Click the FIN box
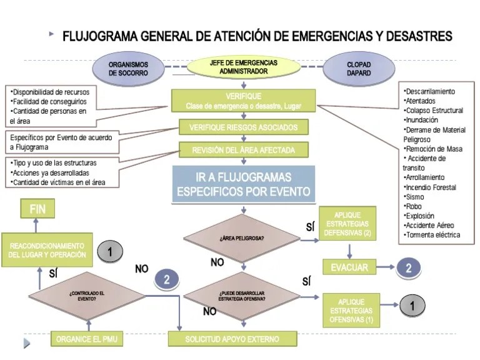pos(37,209)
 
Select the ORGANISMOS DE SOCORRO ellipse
pos(128,68)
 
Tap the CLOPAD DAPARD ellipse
pos(359,68)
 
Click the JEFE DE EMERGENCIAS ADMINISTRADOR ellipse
pos(243,67)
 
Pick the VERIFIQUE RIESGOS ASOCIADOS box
pos(242,127)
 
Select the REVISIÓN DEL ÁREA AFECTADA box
pos(242,150)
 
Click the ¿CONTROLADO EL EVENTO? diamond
pos(87,296)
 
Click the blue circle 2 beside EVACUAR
pos(408,268)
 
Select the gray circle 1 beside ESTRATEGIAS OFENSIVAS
pos(412,306)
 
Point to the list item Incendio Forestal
pos(431,187)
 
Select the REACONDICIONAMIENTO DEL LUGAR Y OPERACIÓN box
pos(47,251)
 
